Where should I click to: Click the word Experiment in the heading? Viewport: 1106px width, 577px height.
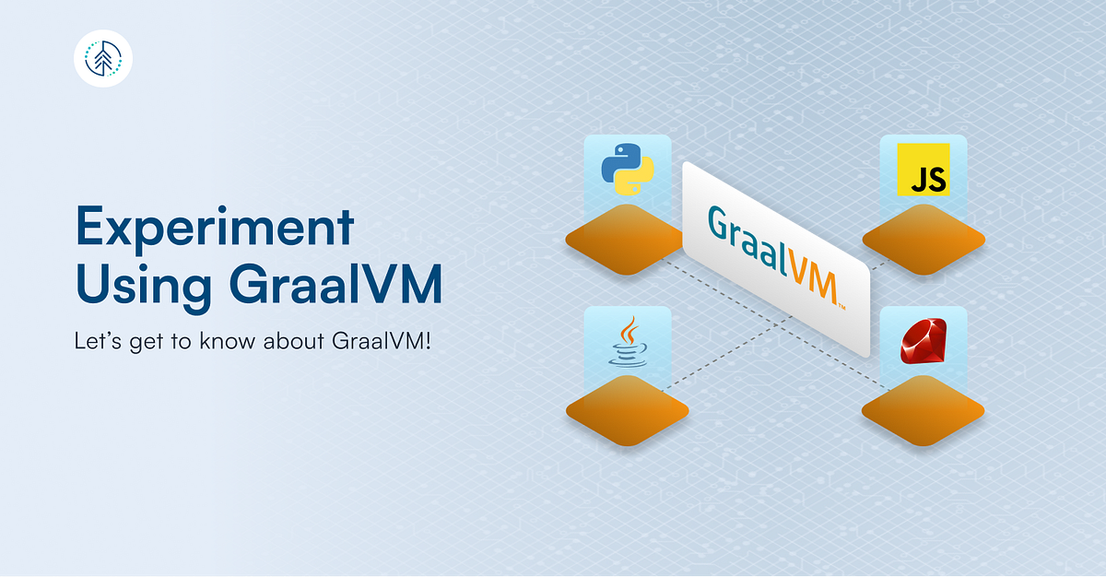point(214,226)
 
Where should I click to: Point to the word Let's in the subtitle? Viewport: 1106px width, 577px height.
point(96,342)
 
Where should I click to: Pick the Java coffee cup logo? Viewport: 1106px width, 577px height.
point(627,343)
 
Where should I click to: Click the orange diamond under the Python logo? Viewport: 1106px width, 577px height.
point(627,240)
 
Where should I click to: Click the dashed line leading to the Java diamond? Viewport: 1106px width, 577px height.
point(719,355)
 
